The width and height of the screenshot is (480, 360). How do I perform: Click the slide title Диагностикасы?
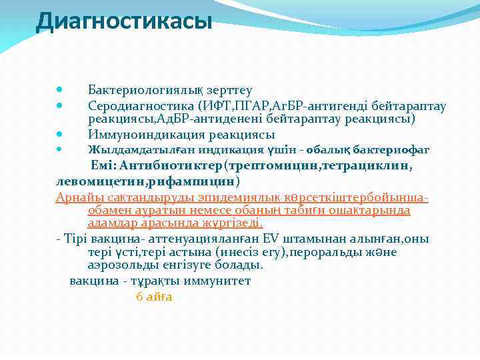pos(124,21)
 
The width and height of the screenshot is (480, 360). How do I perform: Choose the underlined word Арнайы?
pos(77,197)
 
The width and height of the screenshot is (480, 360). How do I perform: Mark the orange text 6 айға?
pos(154,297)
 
